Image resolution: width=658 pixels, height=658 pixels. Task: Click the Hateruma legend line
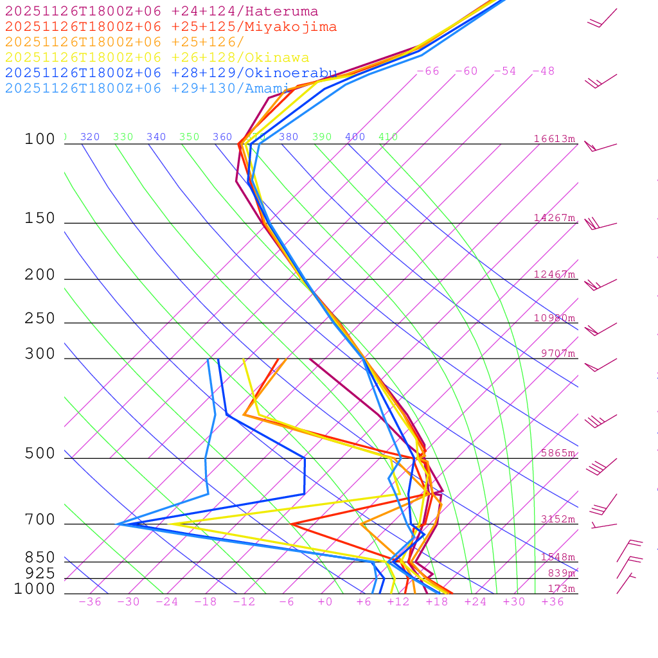161,12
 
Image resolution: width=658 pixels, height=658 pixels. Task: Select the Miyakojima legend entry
170,27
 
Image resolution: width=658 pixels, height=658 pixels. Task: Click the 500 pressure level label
40,454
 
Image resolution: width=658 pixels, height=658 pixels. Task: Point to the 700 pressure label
40,520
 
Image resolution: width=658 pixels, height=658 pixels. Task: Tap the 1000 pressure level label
35,589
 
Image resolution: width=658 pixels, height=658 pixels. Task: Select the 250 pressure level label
40,319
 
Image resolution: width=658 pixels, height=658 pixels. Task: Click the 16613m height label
555,139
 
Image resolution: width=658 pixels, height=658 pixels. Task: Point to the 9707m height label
557,353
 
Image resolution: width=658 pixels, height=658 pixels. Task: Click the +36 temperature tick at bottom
553,601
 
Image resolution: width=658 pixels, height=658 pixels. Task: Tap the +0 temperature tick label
325,601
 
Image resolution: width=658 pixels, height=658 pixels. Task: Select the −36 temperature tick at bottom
90,601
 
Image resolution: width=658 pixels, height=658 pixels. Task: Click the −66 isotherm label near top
428,71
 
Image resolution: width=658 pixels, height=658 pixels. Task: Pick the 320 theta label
90,137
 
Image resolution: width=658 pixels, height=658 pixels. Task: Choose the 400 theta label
355,137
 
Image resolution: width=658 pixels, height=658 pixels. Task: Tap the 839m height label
561,573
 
